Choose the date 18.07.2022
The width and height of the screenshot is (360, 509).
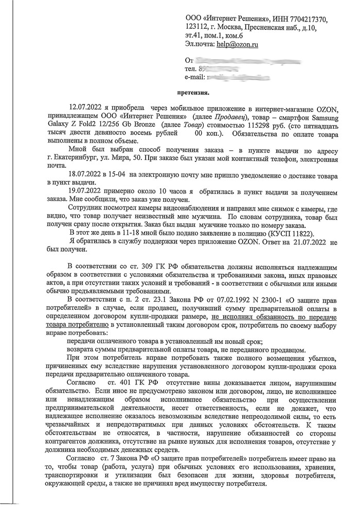tap(85, 175)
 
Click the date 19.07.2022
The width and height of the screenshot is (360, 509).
tap(85, 192)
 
